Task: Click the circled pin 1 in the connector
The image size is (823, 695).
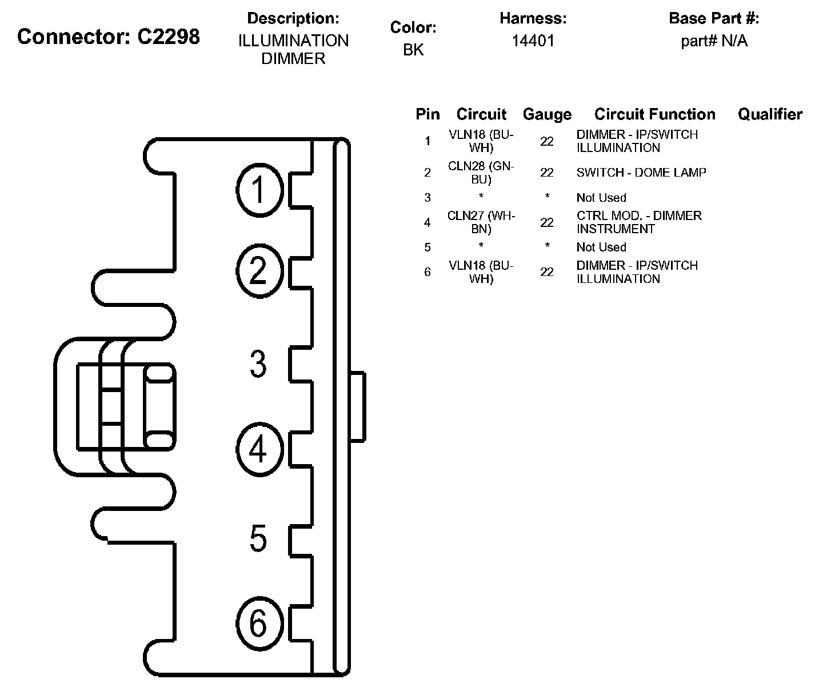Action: click(x=260, y=190)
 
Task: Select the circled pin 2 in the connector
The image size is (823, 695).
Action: click(x=260, y=271)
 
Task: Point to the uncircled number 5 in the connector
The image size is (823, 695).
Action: click(x=258, y=538)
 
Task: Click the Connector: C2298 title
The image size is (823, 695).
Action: click(x=109, y=37)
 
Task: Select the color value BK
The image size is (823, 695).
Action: click(x=413, y=50)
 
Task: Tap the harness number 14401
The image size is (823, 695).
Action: click(x=533, y=41)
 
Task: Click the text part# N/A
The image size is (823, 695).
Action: click(x=714, y=41)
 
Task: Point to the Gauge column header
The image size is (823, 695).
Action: click(x=547, y=114)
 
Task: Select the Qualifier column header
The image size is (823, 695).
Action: click(x=770, y=114)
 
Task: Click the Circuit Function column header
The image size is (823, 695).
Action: click(x=654, y=114)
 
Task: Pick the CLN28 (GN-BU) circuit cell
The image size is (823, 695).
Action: click(x=481, y=173)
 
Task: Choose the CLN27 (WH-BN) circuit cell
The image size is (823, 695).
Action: click(x=481, y=222)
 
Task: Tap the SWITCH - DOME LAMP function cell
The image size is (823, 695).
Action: click(x=641, y=173)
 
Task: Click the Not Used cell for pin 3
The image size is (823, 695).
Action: click(x=601, y=198)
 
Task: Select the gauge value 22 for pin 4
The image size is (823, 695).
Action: click(x=547, y=222)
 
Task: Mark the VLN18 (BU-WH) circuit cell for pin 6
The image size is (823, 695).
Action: click(x=481, y=272)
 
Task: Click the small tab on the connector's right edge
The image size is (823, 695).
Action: click(x=357, y=406)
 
